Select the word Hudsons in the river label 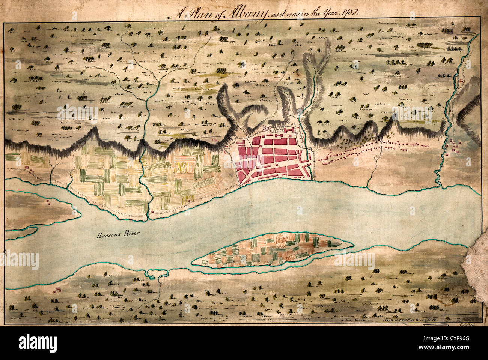(x=107, y=235)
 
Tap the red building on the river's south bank (x=57, y=289)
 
